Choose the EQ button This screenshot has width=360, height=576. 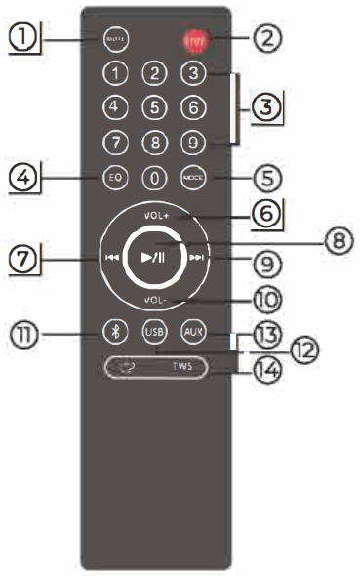116,179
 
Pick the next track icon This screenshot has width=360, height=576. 198,259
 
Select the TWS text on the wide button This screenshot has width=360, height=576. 182,369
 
